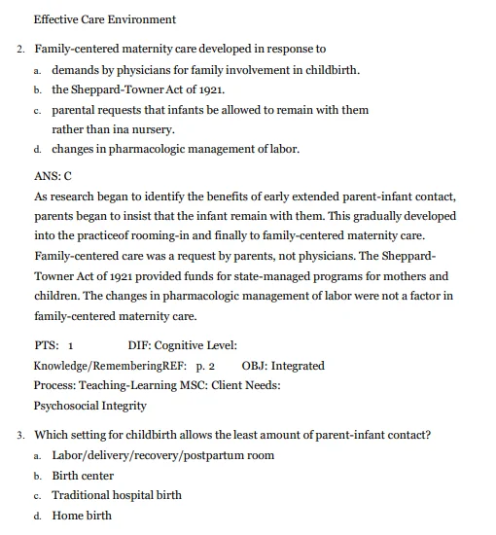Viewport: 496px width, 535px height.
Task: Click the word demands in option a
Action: tap(78, 70)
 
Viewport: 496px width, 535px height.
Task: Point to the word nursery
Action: tap(151, 129)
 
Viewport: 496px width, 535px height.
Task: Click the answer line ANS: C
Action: tap(53, 176)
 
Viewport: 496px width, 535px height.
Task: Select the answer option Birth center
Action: tap(83, 476)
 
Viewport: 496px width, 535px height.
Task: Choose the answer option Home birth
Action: tap(82, 516)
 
